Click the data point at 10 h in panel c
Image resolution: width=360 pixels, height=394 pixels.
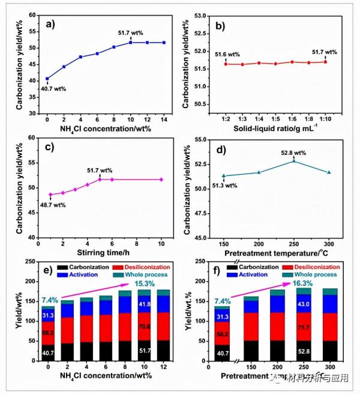coord(161,180)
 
